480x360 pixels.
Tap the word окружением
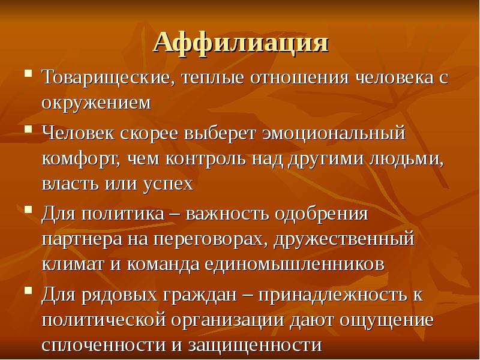pyautogui.click(x=96, y=103)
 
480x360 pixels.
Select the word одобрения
pyautogui.click(x=321, y=214)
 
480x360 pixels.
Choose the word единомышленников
pyautogui.click(x=294, y=265)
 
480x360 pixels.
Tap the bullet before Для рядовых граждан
pyautogui.click(x=28, y=290)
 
